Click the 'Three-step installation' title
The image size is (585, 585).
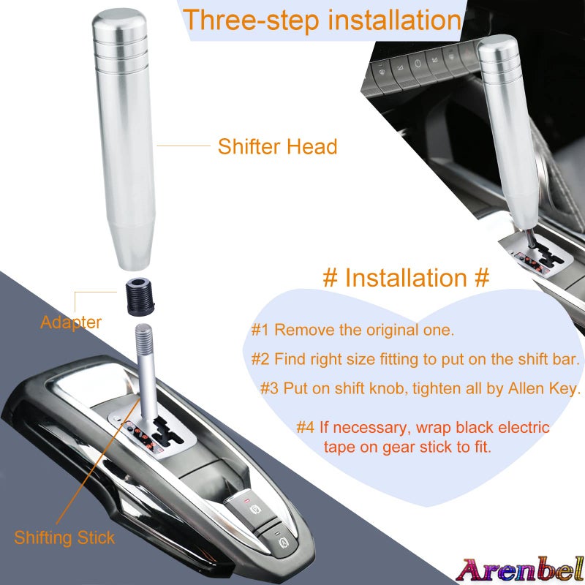point(322,20)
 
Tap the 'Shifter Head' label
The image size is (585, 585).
point(277,146)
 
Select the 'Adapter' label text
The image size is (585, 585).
point(71,322)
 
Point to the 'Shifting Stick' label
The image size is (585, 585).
point(64,538)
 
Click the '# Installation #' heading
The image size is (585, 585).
point(406,278)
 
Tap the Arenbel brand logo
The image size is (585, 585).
point(520,567)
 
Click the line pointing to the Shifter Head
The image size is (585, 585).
point(183,146)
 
